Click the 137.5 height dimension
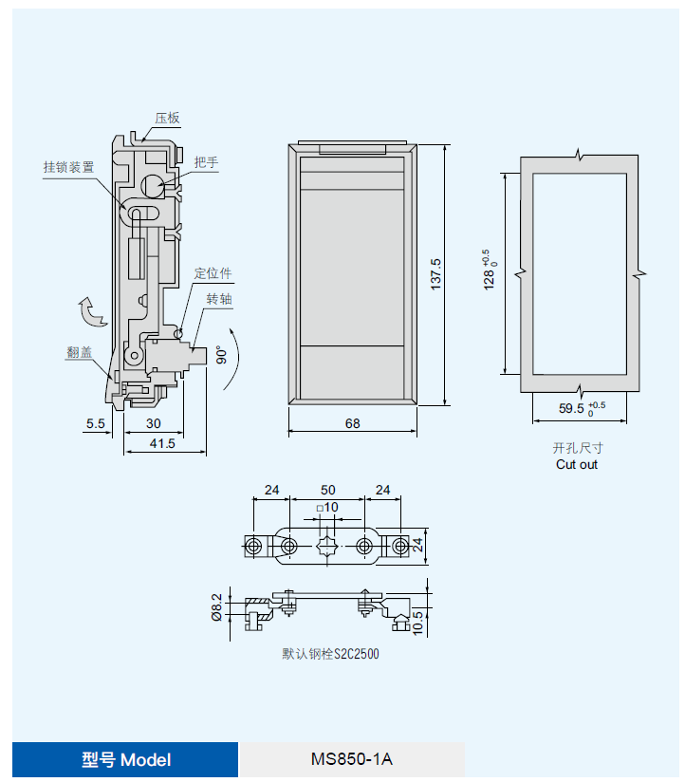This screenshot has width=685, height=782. point(435,274)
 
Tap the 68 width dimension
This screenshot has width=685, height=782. point(352,423)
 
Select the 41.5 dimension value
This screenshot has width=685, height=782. point(163,443)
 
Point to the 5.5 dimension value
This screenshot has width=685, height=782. point(95,423)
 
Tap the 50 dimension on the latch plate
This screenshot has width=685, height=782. point(327,490)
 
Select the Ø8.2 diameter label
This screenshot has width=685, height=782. point(216,606)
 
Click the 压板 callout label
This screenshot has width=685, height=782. point(168,119)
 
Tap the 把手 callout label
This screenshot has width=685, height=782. point(206,162)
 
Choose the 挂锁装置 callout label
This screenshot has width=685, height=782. point(68,166)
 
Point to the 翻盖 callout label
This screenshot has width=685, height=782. point(80,351)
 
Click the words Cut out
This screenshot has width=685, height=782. point(577,464)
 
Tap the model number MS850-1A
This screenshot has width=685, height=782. point(351,760)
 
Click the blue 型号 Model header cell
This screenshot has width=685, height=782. point(125,760)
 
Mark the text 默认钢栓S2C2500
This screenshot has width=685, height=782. point(330,654)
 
